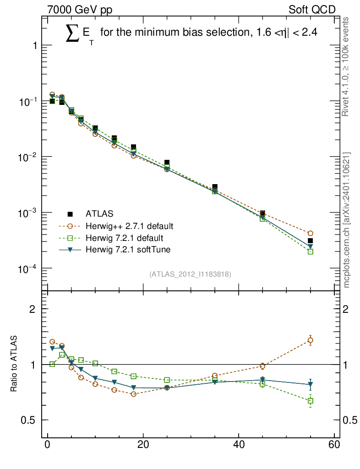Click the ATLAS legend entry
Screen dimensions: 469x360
point(100,213)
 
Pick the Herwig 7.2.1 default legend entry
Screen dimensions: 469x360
point(125,238)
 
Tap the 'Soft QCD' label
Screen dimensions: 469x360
point(312,9)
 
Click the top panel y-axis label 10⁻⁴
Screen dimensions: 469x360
point(27,269)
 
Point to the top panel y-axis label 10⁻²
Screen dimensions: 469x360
point(27,157)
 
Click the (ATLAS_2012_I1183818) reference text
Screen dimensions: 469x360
point(190,274)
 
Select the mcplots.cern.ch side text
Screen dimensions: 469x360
point(347,220)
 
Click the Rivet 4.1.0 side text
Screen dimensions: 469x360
point(347,66)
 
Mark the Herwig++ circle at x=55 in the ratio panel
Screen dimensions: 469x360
point(310,340)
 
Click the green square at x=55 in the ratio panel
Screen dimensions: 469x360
point(310,401)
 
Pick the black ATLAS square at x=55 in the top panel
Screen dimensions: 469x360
point(310,240)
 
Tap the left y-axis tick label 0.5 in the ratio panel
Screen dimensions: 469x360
point(29,420)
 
